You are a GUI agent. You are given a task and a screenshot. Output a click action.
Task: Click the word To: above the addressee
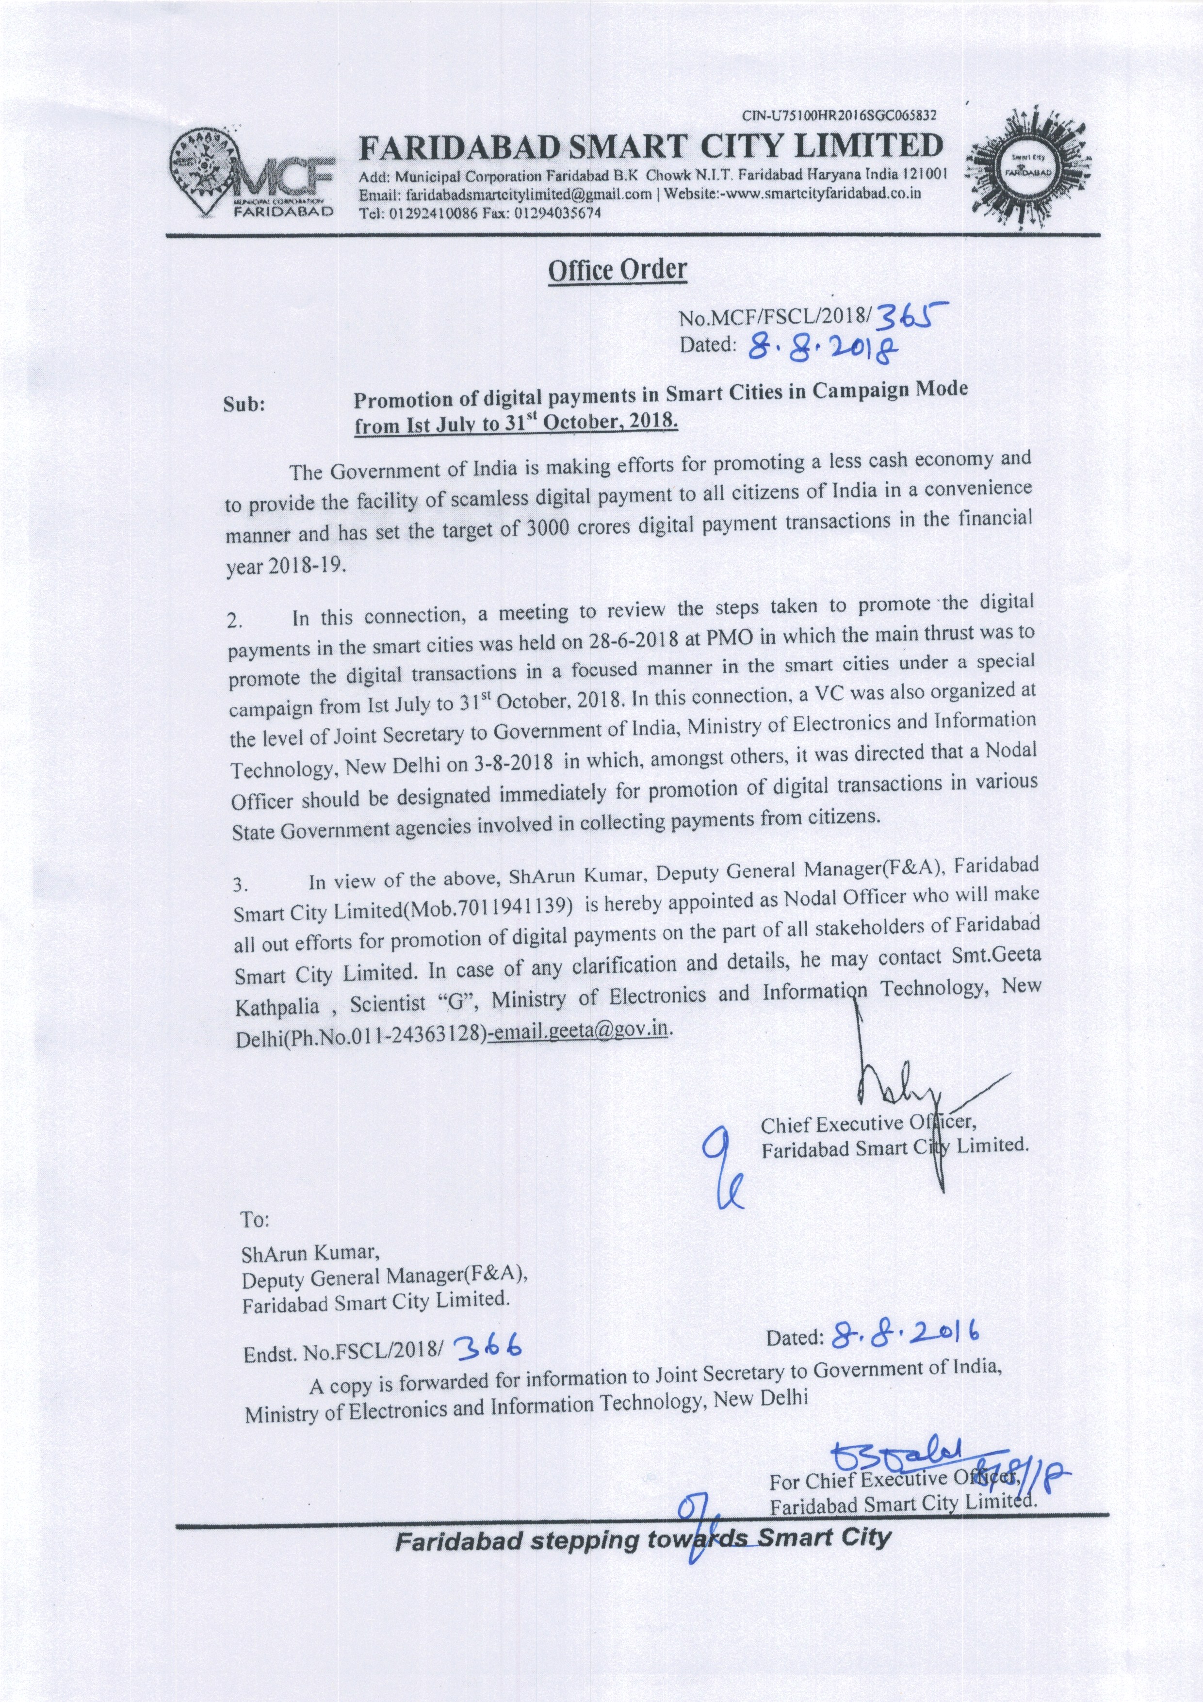pos(255,1219)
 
